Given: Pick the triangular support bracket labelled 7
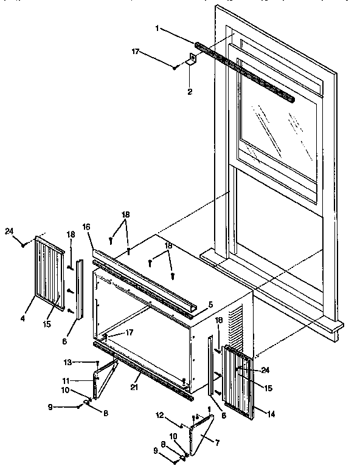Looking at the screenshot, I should click(201, 434).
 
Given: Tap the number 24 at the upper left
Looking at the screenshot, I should click(9, 230).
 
